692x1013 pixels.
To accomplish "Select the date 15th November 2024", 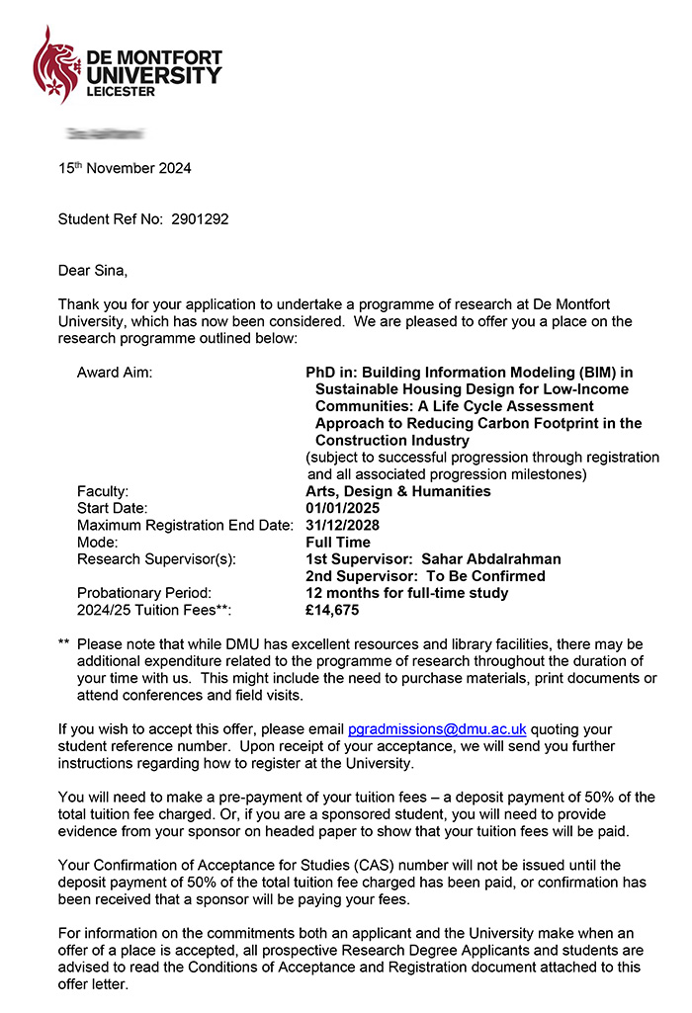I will tap(125, 168).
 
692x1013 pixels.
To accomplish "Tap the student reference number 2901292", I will tap(201, 218).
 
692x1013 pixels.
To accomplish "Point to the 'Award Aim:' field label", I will tap(115, 373).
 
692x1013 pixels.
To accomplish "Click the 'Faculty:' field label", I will tap(103, 491).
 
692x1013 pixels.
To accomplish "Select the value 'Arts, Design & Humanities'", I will tap(397, 491).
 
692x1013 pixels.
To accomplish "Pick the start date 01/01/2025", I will tap(342, 508).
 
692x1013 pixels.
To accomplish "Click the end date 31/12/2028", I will tap(342, 525).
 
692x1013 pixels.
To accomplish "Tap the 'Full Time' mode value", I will tap(338, 542).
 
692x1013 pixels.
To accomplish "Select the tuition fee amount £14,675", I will tap(333, 610).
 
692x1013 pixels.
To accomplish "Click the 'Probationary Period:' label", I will tap(144, 593).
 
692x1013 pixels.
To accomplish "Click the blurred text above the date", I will tap(104, 132).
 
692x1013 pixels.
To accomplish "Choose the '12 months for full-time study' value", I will tap(406, 593).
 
